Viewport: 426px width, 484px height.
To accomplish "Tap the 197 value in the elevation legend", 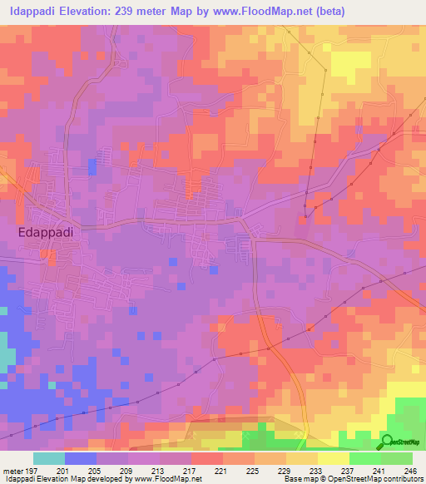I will (x=32, y=470).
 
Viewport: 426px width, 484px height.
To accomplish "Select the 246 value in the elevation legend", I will (x=411, y=470).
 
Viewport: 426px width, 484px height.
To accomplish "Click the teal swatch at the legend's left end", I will (x=49, y=458).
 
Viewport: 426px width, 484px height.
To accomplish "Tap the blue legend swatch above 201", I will (x=81, y=458).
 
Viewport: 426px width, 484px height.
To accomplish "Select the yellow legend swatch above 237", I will (x=333, y=458).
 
